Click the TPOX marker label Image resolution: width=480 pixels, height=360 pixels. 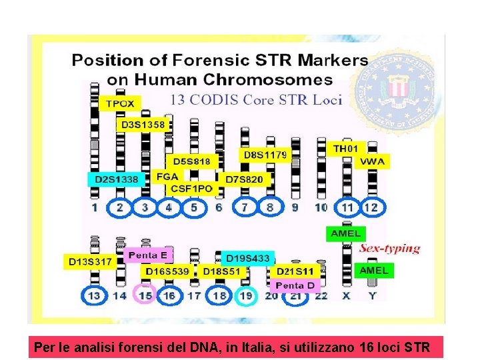[x=121, y=103]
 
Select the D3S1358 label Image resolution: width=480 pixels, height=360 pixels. [x=143, y=125]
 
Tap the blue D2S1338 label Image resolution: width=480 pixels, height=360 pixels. [x=117, y=179]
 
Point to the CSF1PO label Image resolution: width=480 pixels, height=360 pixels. [x=192, y=189]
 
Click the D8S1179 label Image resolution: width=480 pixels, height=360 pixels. [x=265, y=155]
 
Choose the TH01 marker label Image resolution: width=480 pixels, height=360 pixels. [x=345, y=148]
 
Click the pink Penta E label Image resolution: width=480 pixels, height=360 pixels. [x=149, y=255]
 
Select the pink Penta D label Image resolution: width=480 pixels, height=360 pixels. [x=295, y=285]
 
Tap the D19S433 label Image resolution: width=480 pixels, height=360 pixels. [x=248, y=258]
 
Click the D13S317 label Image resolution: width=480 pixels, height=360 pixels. [x=91, y=262]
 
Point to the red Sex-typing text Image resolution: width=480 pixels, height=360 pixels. [x=391, y=249]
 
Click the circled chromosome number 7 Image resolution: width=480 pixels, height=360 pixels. [x=245, y=207]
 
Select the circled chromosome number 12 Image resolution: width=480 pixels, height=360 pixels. [x=372, y=207]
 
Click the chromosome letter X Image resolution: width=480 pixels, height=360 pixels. [x=346, y=295]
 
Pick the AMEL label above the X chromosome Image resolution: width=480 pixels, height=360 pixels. [x=345, y=233]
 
